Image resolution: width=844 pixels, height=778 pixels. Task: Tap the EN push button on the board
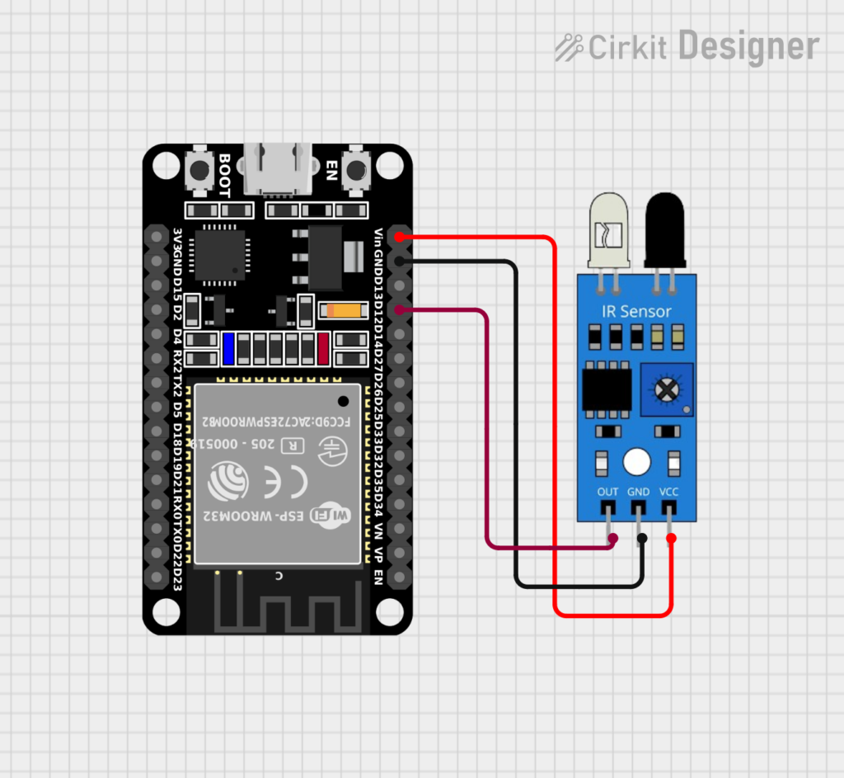[x=356, y=170]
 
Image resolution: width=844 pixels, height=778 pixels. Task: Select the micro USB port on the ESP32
[x=279, y=169]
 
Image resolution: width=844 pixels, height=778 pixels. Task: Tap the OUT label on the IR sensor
[x=607, y=492]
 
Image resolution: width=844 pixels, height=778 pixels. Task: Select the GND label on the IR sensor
[x=639, y=492]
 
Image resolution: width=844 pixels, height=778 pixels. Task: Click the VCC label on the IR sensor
[x=669, y=492]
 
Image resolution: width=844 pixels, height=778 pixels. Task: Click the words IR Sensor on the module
[x=635, y=311]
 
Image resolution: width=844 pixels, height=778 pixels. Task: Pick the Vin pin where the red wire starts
[x=400, y=238]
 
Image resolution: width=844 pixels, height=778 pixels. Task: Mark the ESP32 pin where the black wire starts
[x=400, y=262]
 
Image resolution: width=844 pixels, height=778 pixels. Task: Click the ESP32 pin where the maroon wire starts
[x=400, y=310]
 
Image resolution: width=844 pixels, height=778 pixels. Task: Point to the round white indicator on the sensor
[x=636, y=462]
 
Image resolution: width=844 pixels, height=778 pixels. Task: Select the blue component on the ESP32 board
[x=228, y=349]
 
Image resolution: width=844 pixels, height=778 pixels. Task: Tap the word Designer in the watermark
[x=748, y=46]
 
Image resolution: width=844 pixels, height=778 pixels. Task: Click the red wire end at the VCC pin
[x=671, y=539]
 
